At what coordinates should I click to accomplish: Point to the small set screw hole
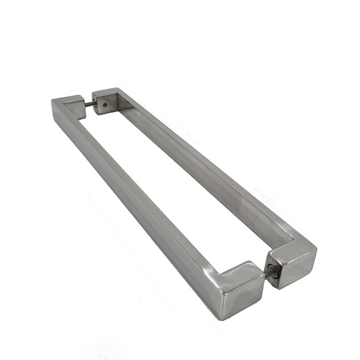pos(104,104)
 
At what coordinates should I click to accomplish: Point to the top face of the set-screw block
pos(106,93)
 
